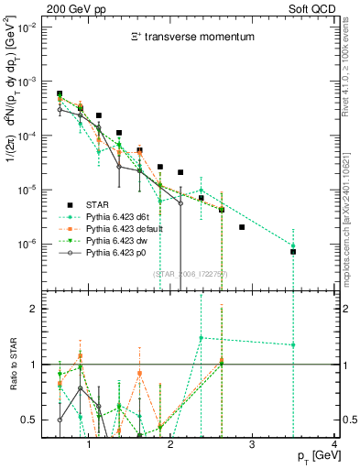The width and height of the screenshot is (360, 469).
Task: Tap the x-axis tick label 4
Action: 334,444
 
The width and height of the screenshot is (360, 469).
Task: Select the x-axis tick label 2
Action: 170,444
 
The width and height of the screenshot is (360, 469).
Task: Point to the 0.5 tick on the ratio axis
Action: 27,420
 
